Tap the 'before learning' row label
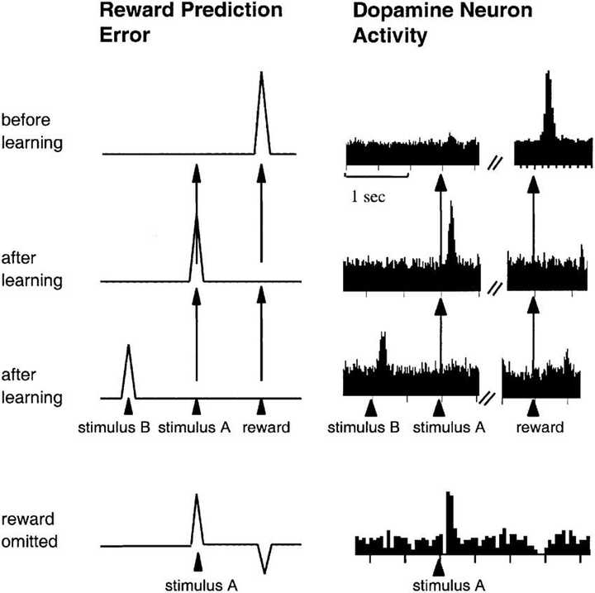[x=32, y=131]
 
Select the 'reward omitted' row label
[x=31, y=533]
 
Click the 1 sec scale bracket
[x=377, y=175]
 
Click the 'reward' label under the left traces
[x=261, y=428]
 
